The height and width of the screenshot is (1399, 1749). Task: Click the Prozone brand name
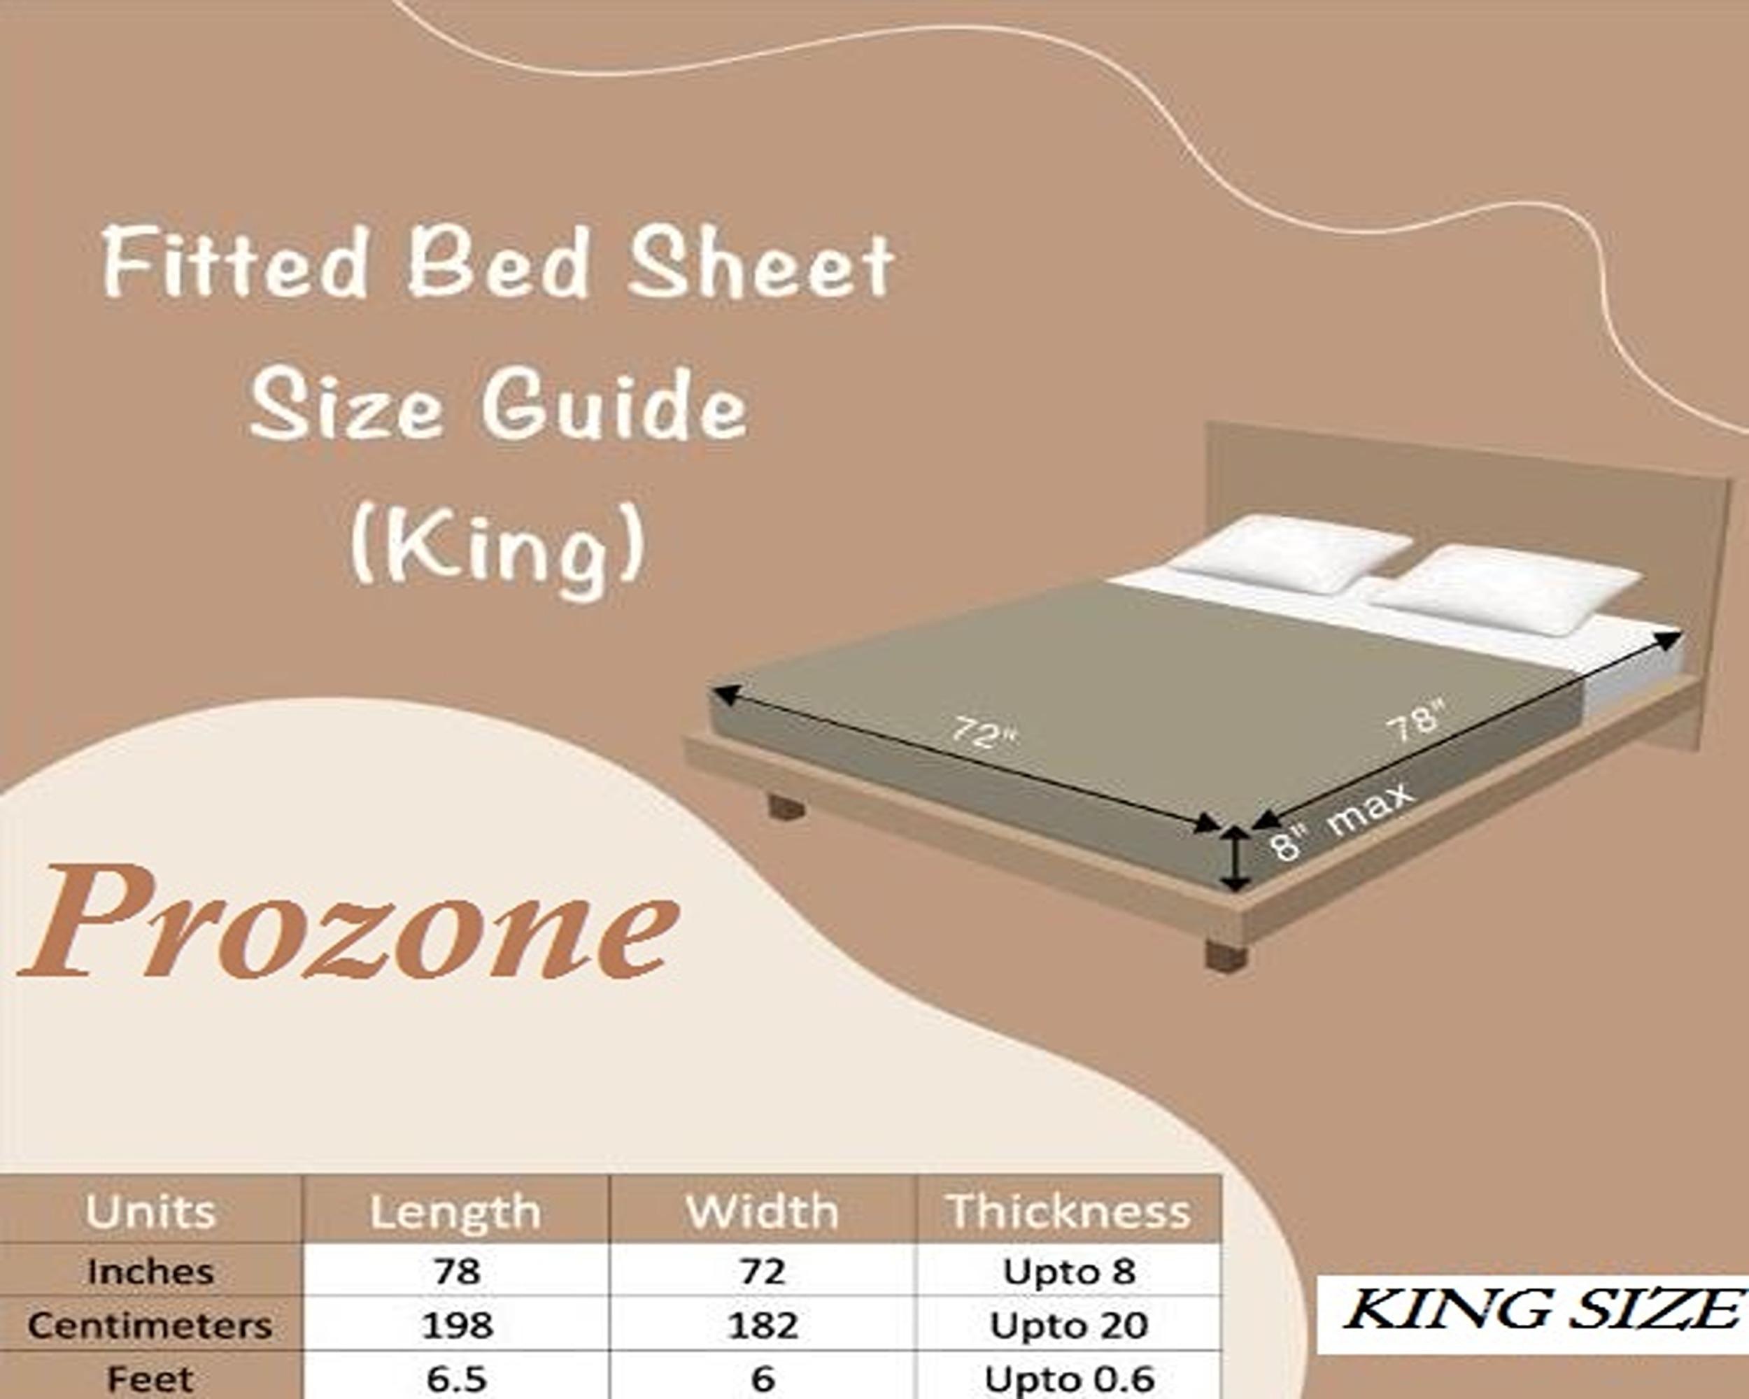(349, 922)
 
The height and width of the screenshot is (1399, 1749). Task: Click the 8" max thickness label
(1343, 821)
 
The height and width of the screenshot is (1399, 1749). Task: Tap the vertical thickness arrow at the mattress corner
(1235, 859)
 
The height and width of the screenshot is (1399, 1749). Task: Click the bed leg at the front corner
(1226, 956)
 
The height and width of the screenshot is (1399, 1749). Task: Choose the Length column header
(456, 1212)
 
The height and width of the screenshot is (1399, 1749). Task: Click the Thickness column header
(1068, 1212)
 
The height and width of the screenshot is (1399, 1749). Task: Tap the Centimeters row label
(150, 1325)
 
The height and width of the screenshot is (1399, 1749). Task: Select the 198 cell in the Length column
(457, 1325)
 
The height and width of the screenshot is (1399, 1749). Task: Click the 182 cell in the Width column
(763, 1325)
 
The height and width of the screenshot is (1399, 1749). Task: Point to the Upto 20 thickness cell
(1068, 1325)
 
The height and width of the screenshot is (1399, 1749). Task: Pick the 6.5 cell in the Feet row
(457, 1377)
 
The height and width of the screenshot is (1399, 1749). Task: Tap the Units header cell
(151, 1212)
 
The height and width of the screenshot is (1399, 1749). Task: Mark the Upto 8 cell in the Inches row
(1068, 1271)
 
